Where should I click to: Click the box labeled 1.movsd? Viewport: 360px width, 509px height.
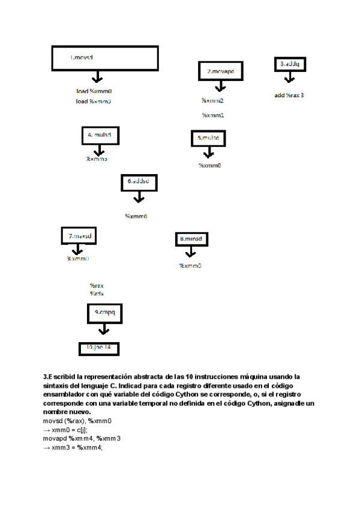coord(104,59)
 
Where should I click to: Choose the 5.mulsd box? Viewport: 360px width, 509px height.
coord(208,138)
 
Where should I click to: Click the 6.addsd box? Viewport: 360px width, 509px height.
coord(139,182)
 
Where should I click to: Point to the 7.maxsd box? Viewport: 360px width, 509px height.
coord(79,236)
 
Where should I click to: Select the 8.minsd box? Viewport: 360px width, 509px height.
coord(193,239)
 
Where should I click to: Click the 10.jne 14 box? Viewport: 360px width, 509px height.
coord(99,348)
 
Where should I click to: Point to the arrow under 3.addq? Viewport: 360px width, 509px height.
coord(289,78)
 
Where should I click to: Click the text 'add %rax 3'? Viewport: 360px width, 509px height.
coord(289,95)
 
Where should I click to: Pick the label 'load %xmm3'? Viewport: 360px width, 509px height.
coord(94,102)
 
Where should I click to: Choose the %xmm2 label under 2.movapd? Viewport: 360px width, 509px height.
coord(212,101)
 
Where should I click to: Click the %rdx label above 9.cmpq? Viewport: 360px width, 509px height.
coord(97,294)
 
